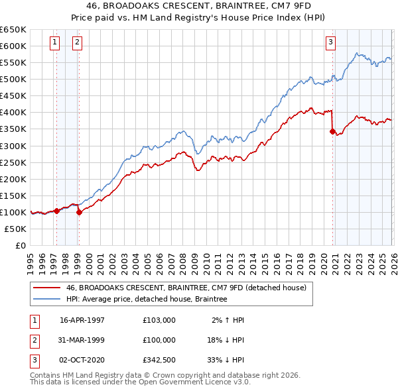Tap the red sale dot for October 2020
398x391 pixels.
coord(332,131)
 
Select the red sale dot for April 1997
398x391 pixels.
coord(57,211)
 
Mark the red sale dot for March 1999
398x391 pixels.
coord(79,212)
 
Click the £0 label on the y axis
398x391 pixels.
coord(20,245)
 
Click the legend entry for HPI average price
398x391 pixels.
coord(146,300)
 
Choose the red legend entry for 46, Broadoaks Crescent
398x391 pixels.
coord(186,288)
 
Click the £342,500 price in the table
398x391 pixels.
coord(159,360)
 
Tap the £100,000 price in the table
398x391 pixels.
coord(159,340)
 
